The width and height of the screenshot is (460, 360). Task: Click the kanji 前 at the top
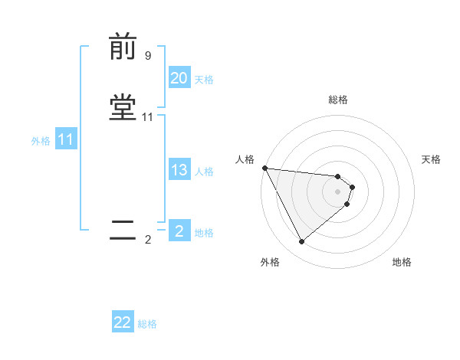pyautogui.click(x=123, y=47)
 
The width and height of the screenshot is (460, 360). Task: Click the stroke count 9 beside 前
pyautogui.click(x=148, y=56)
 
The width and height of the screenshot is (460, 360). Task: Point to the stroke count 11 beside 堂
pyautogui.click(x=148, y=117)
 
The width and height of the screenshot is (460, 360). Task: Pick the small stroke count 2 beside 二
pyautogui.click(x=148, y=240)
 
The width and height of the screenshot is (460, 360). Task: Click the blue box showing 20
pyautogui.click(x=179, y=78)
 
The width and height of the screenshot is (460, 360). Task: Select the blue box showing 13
pyautogui.click(x=179, y=170)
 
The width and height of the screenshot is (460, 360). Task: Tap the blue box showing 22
pyautogui.click(x=123, y=322)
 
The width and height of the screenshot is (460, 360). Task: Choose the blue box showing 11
pyautogui.click(x=66, y=140)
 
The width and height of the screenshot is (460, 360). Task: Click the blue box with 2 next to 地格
pyautogui.click(x=179, y=231)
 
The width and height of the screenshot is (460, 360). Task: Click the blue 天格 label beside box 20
pyautogui.click(x=204, y=79)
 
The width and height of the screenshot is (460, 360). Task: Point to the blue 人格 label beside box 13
pyautogui.click(x=204, y=171)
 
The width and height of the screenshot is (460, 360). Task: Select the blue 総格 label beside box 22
pyautogui.click(x=147, y=324)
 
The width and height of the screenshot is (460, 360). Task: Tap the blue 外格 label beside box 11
pyautogui.click(x=41, y=141)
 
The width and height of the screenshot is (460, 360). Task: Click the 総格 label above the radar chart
pyautogui.click(x=338, y=100)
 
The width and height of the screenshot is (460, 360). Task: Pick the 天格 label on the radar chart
pyautogui.click(x=432, y=159)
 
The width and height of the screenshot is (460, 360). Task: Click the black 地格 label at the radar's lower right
pyautogui.click(x=402, y=262)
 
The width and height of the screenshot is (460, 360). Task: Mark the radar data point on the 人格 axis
pyautogui.click(x=264, y=168)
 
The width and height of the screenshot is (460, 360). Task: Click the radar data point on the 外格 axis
pyautogui.click(x=301, y=242)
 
